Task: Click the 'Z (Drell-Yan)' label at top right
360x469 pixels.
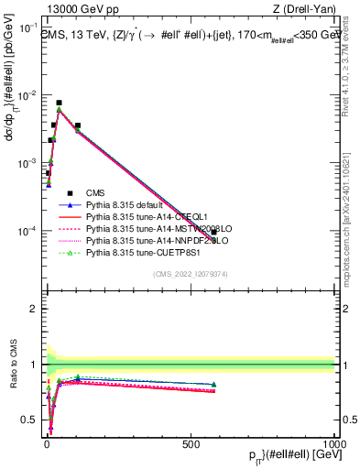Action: coord(307,9)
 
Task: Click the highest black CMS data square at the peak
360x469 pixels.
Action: coord(59,104)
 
